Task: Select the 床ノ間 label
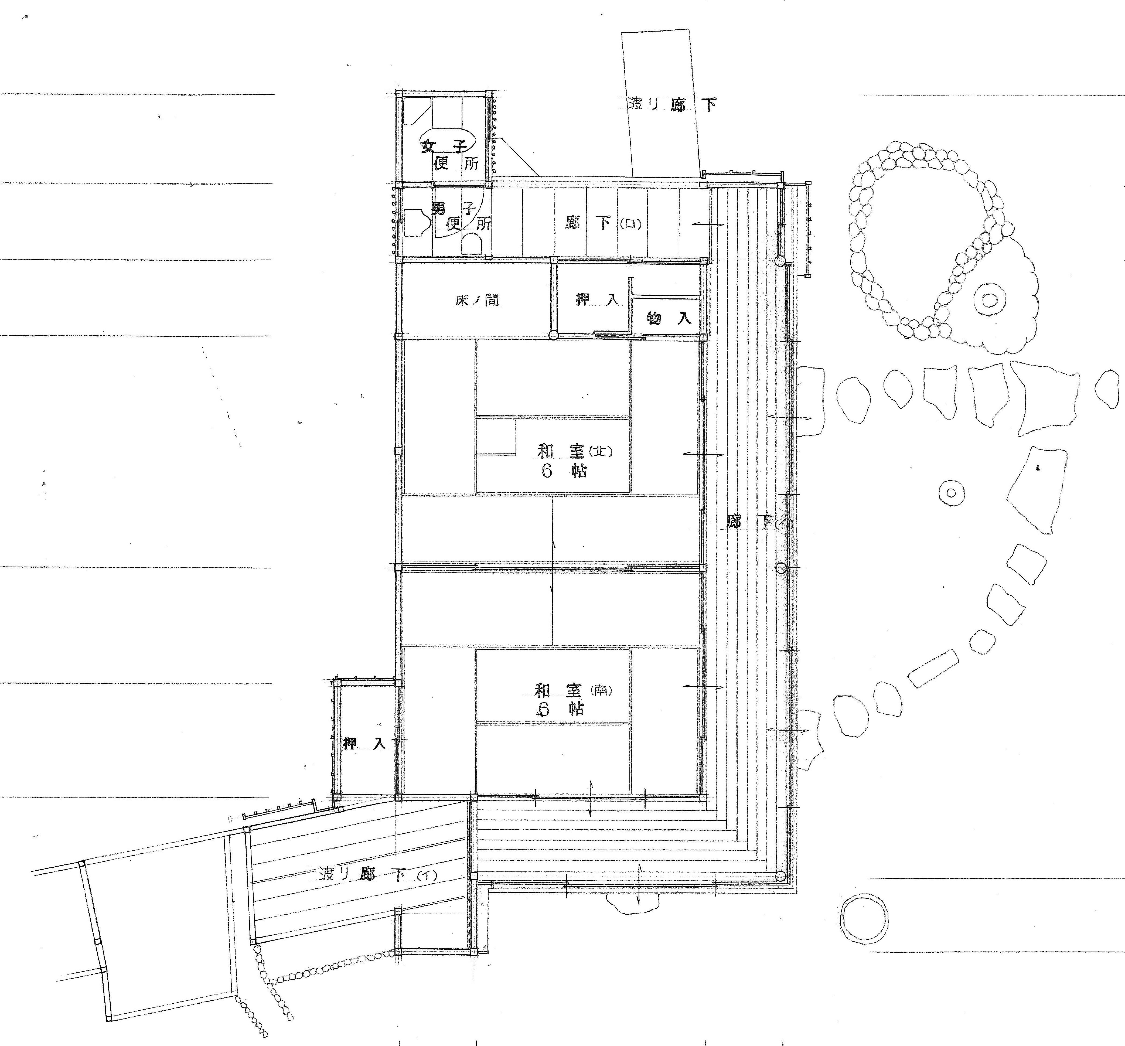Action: click(x=477, y=300)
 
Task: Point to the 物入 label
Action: click(x=669, y=318)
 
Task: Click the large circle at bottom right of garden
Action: click(x=864, y=918)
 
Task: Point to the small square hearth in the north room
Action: click(x=496, y=436)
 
